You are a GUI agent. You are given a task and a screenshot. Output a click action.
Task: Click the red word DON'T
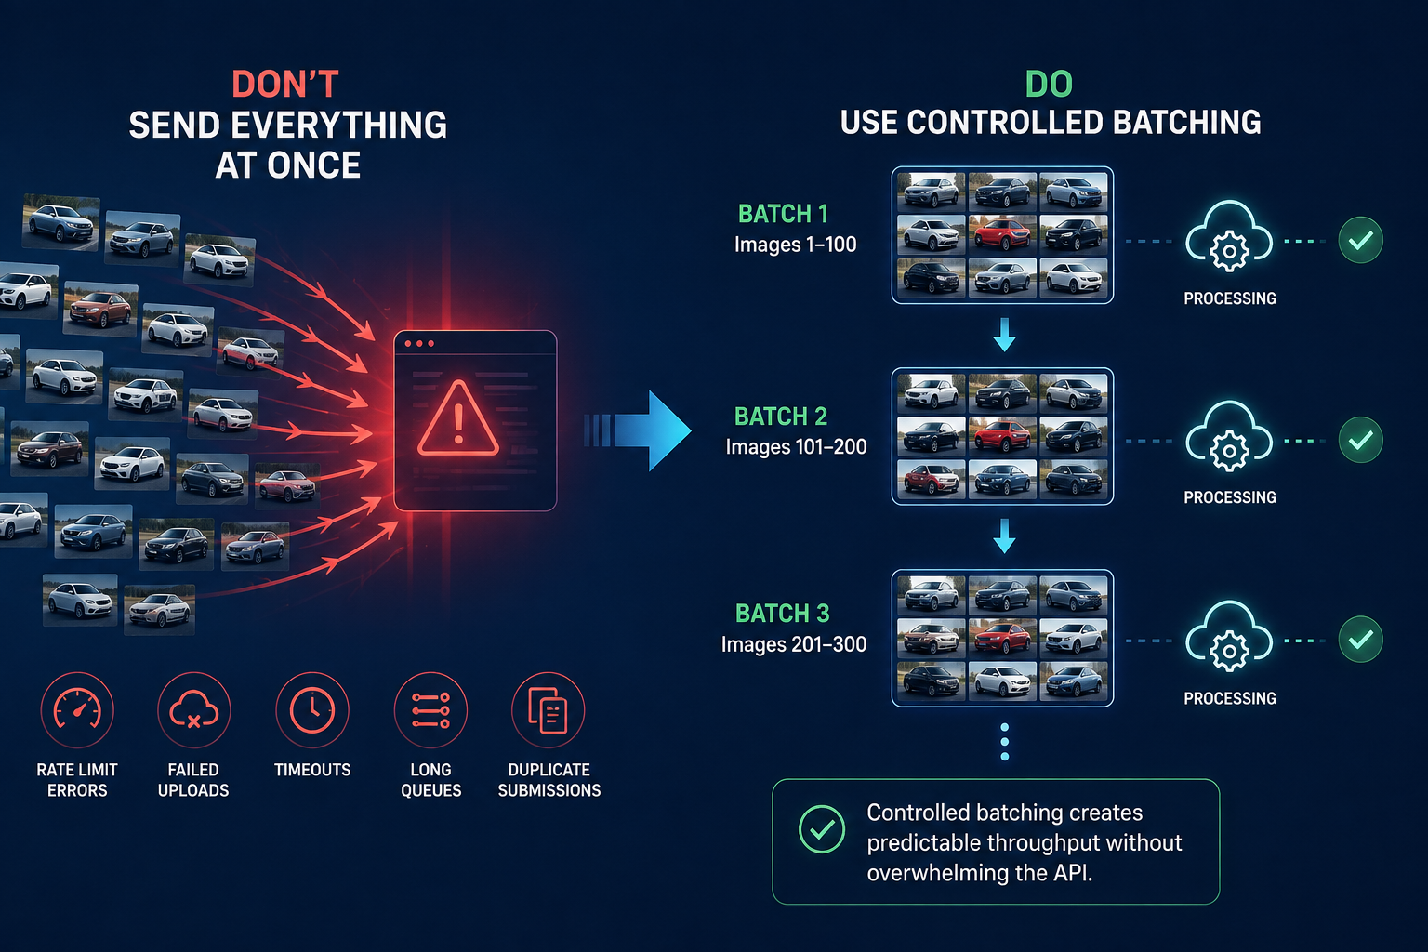pos(285,85)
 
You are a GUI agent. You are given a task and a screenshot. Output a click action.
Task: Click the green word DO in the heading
pos(1049,85)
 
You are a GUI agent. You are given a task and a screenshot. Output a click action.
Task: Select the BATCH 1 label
pos(783,214)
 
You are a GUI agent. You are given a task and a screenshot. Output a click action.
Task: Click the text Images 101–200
pos(796,447)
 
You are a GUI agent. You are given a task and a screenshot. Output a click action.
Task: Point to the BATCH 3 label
pos(782,614)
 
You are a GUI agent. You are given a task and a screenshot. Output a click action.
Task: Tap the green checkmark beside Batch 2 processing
pos(1360,440)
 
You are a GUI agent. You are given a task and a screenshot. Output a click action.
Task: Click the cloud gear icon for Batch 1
pos(1229,238)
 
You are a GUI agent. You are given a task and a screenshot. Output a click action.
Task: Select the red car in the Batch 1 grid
pos(1002,233)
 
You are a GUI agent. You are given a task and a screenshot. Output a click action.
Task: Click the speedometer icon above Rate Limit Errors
pos(77,709)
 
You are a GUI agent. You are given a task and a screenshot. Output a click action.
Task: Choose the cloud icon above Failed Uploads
pos(193,709)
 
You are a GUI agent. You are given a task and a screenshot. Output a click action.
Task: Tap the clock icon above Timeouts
pos(312,709)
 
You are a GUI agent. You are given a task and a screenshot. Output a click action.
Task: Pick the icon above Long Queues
pos(431,709)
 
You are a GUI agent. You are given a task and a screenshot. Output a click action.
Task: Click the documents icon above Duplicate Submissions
pos(549,709)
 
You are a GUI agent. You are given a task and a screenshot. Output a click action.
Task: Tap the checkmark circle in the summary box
pos(822,829)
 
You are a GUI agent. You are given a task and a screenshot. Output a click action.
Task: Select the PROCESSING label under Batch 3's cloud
pos(1230,698)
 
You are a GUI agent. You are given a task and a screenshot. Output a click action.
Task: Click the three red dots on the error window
pos(419,344)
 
